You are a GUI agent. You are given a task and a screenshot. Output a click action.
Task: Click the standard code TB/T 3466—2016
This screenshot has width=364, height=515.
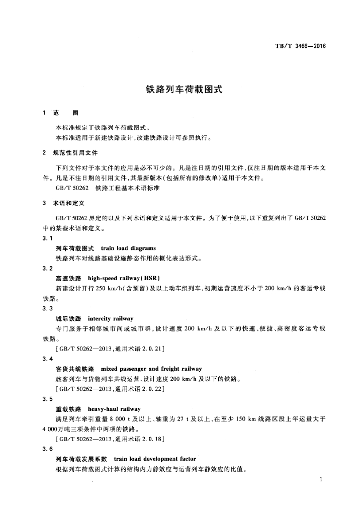pyautogui.click(x=301, y=46)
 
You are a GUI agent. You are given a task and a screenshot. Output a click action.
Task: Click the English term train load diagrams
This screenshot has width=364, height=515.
pyautogui.click(x=128, y=248)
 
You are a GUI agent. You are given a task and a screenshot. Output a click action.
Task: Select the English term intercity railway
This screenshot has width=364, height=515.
pyautogui.click(x=110, y=318)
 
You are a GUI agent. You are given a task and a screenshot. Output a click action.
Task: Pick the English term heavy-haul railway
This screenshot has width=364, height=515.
pyautogui.click(x=114, y=409)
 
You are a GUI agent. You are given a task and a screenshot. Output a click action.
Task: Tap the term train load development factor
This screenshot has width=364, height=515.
pyautogui.click(x=155, y=459)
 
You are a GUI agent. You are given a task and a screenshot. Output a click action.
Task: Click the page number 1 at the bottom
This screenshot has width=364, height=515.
pyautogui.click(x=320, y=481)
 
